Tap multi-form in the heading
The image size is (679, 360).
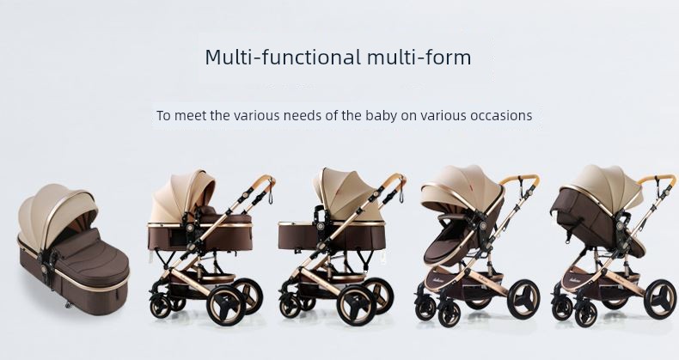click(x=419, y=57)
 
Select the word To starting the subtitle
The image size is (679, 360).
click(x=163, y=115)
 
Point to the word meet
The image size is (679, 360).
click(x=190, y=115)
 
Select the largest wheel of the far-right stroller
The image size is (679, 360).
click(x=659, y=299)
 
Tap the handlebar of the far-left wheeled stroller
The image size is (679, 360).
click(x=262, y=180)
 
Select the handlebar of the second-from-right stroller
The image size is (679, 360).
click(x=520, y=178)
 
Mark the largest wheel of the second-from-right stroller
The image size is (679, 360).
click(x=523, y=299)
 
